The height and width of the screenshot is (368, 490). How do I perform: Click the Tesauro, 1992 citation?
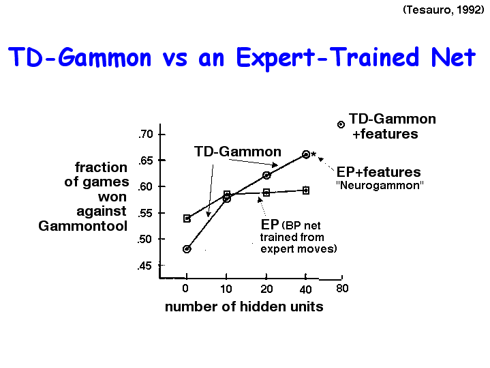(x=444, y=10)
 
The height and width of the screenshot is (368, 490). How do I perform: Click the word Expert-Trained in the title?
(x=328, y=58)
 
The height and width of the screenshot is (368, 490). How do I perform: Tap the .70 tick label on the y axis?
(x=145, y=134)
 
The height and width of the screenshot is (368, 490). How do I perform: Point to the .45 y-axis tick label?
(x=144, y=266)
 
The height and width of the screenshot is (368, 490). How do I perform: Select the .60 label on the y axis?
(x=145, y=186)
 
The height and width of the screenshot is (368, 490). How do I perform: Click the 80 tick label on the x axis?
(x=342, y=288)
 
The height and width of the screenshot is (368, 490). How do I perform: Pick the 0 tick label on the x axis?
(x=185, y=288)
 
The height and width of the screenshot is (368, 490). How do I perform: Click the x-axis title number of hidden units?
(x=244, y=307)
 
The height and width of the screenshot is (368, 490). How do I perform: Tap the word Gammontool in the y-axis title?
(x=83, y=226)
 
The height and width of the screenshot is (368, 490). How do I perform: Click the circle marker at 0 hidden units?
(x=187, y=249)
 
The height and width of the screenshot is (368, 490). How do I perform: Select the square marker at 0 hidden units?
(x=187, y=218)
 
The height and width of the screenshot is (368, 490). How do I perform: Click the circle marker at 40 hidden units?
(x=306, y=154)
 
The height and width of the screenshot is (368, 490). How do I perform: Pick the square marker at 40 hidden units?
(x=306, y=190)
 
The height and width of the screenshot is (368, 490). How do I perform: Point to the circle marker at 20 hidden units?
(x=266, y=175)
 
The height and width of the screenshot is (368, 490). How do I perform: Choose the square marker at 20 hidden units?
(x=266, y=193)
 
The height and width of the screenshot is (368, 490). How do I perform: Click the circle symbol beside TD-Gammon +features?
(x=341, y=125)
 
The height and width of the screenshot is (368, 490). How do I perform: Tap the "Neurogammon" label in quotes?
(x=380, y=185)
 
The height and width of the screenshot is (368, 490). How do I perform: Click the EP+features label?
(x=378, y=172)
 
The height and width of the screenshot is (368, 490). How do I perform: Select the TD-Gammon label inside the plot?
(x=237, y=152)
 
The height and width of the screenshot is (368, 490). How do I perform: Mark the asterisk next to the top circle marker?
(x=313, y=154)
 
